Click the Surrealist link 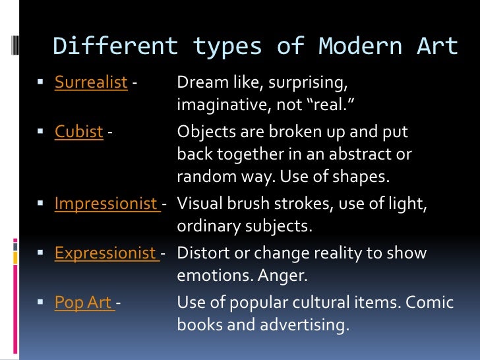(91, 83)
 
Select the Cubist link (78, 132)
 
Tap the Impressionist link (105, 204)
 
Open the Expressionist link (105, 253)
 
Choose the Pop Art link (84, 303)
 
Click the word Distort (202, 253)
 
